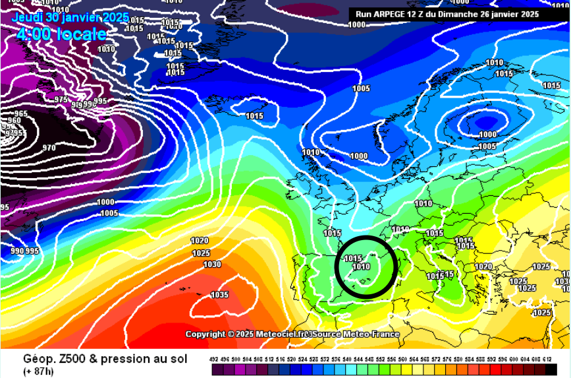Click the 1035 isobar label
(219, 295)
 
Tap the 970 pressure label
(49, 148)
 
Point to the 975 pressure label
(61, 100)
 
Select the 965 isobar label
(22, 113)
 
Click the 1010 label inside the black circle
(361, 267)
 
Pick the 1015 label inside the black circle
(353, 259)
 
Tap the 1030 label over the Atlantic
(212, 265)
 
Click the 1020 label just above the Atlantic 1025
(200, 241)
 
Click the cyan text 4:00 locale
(61, 34)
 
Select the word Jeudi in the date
(27, 17)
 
